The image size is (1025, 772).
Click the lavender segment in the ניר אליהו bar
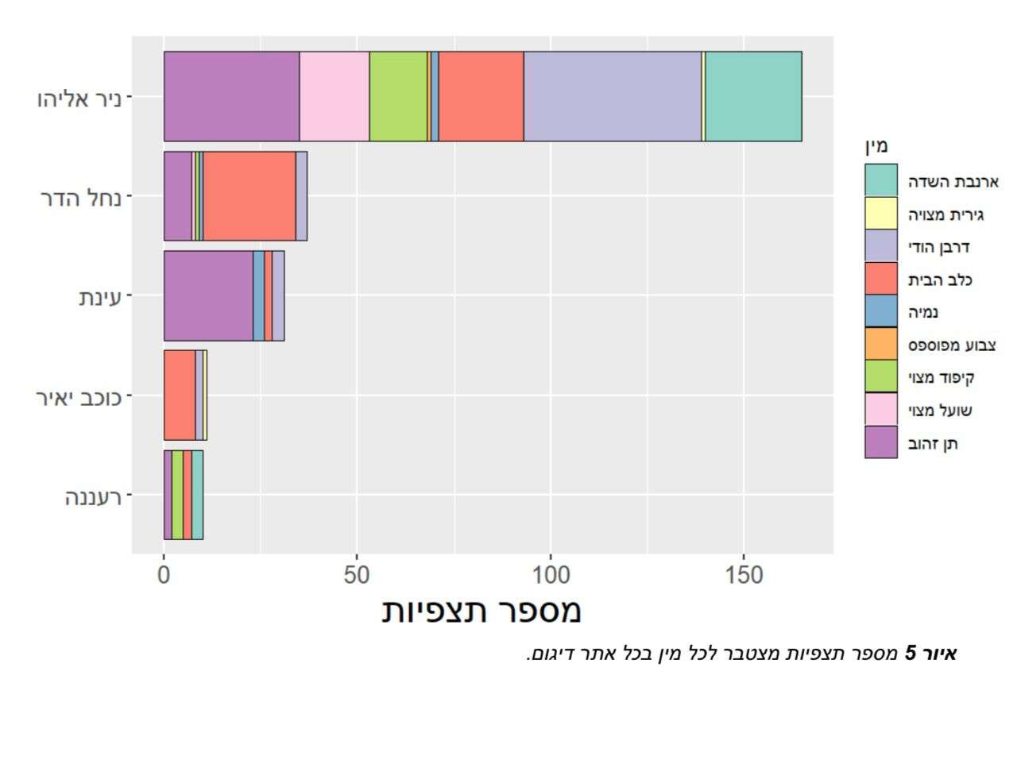tap(613, 96)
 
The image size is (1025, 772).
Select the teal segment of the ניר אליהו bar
tap(753, 96)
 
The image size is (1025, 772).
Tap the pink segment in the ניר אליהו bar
tap(334, 96)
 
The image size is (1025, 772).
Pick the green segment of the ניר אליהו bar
tap(397, 96)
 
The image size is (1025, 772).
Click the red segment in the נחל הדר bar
tap(249, 195)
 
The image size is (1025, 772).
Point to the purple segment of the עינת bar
tap(208, 295)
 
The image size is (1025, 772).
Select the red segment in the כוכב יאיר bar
tap(180, 395)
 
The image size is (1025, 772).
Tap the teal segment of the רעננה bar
tap(197, 495)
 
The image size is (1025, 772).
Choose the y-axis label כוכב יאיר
tap(79, 397)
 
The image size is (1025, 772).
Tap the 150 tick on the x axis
tap(744, 575)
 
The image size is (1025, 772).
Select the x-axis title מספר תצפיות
tap(482, 610)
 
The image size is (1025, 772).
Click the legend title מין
tap(876, 145)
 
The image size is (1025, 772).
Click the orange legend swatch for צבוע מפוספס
tap(880, 344)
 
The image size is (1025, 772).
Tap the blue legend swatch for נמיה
tap(880, 311)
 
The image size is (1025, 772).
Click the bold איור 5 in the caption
tap(931, 654)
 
